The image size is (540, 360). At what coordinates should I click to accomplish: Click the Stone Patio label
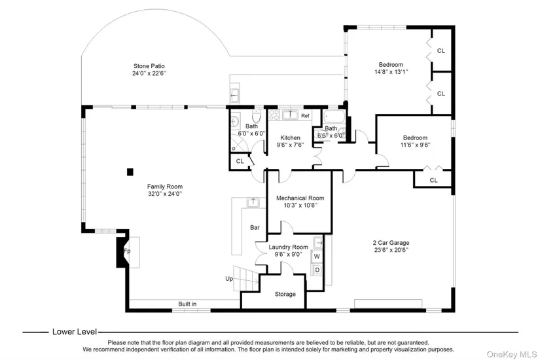149,66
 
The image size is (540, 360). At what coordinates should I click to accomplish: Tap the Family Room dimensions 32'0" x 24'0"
165,194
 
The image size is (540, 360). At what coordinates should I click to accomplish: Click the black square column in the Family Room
130,172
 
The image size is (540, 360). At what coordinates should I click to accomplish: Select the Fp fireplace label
127,251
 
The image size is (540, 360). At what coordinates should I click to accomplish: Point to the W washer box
317,257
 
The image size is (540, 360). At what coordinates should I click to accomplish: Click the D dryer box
317,270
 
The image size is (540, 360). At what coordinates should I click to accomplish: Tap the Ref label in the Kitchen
305,116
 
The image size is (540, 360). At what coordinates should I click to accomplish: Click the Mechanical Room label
300,198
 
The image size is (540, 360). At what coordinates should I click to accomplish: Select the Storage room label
285,294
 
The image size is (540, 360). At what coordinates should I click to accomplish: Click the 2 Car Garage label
391,243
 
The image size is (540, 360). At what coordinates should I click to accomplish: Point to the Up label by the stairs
229,279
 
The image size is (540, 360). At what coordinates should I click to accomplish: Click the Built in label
187,304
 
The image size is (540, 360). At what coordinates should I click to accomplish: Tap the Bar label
255,227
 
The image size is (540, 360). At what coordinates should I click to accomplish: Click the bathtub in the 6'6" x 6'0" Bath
334,117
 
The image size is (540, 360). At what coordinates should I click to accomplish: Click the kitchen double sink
290,115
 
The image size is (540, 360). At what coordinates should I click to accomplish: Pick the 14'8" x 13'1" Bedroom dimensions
391,72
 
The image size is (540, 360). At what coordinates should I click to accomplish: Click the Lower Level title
75,332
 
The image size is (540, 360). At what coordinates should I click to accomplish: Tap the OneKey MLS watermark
512,355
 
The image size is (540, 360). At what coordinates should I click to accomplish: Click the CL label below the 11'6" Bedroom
433,180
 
